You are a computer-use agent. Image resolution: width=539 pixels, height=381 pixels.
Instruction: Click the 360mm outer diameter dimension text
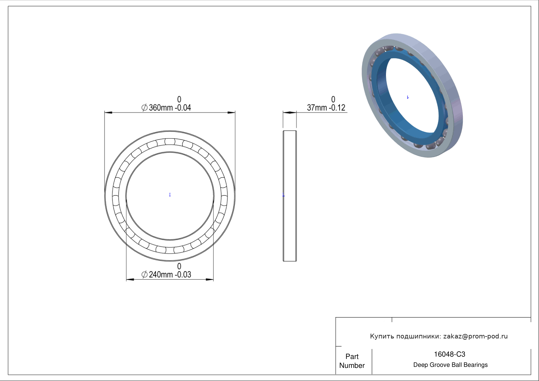pyautogui.click(x=166, y=107)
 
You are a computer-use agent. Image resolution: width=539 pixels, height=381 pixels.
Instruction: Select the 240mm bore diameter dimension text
pyautogui.click(x=166, y=274)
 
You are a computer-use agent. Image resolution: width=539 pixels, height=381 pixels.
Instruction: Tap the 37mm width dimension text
pyautogui.click(x=326, y=107)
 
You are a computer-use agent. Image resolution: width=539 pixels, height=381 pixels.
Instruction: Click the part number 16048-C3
pyautogui.click(x=449, y=354)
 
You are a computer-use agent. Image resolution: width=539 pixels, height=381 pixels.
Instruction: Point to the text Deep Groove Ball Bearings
pyautogui.click(x=450, y=365)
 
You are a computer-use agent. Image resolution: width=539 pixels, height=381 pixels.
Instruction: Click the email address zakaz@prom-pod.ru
pyautogui.click(x=475, y=336)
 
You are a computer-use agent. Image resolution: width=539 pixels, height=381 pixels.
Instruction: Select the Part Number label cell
pyautogui.click(x=352, y=361)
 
